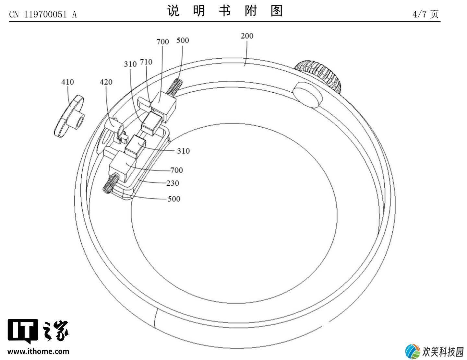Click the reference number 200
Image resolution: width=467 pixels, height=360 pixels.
coord(247,36)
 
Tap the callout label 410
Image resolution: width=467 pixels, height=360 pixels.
coord(67,82)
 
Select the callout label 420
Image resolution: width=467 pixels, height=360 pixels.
coord(106,82)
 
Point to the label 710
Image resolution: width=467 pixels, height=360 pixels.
coord(146,62)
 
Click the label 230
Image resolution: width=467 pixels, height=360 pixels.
coord(173,183)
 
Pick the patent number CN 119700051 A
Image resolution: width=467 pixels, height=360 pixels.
coord(43,15)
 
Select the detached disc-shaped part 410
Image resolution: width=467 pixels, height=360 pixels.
coord(69,116)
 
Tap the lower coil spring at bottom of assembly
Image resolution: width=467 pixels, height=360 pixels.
coord(111,183)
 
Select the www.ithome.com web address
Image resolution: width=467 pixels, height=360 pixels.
coord(38,351)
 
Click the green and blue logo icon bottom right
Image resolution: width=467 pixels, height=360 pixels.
coord(413,352)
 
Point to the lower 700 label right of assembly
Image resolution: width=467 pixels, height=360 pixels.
coord(176,170)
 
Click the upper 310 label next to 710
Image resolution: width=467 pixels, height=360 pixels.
coord(130,64)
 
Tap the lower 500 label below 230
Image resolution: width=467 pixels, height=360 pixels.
coord(174,199)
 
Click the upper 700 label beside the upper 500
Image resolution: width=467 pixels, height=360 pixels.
coord(163,42)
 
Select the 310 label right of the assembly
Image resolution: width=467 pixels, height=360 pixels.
coord(183,151)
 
